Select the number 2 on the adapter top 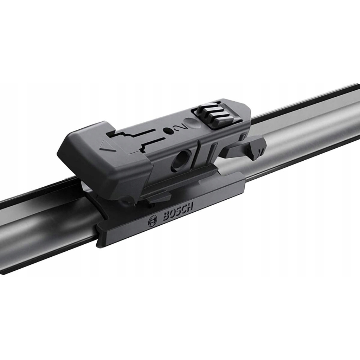tap(180, 128)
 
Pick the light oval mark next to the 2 tap(191, 124)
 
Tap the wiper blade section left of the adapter tap(42, 225)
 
